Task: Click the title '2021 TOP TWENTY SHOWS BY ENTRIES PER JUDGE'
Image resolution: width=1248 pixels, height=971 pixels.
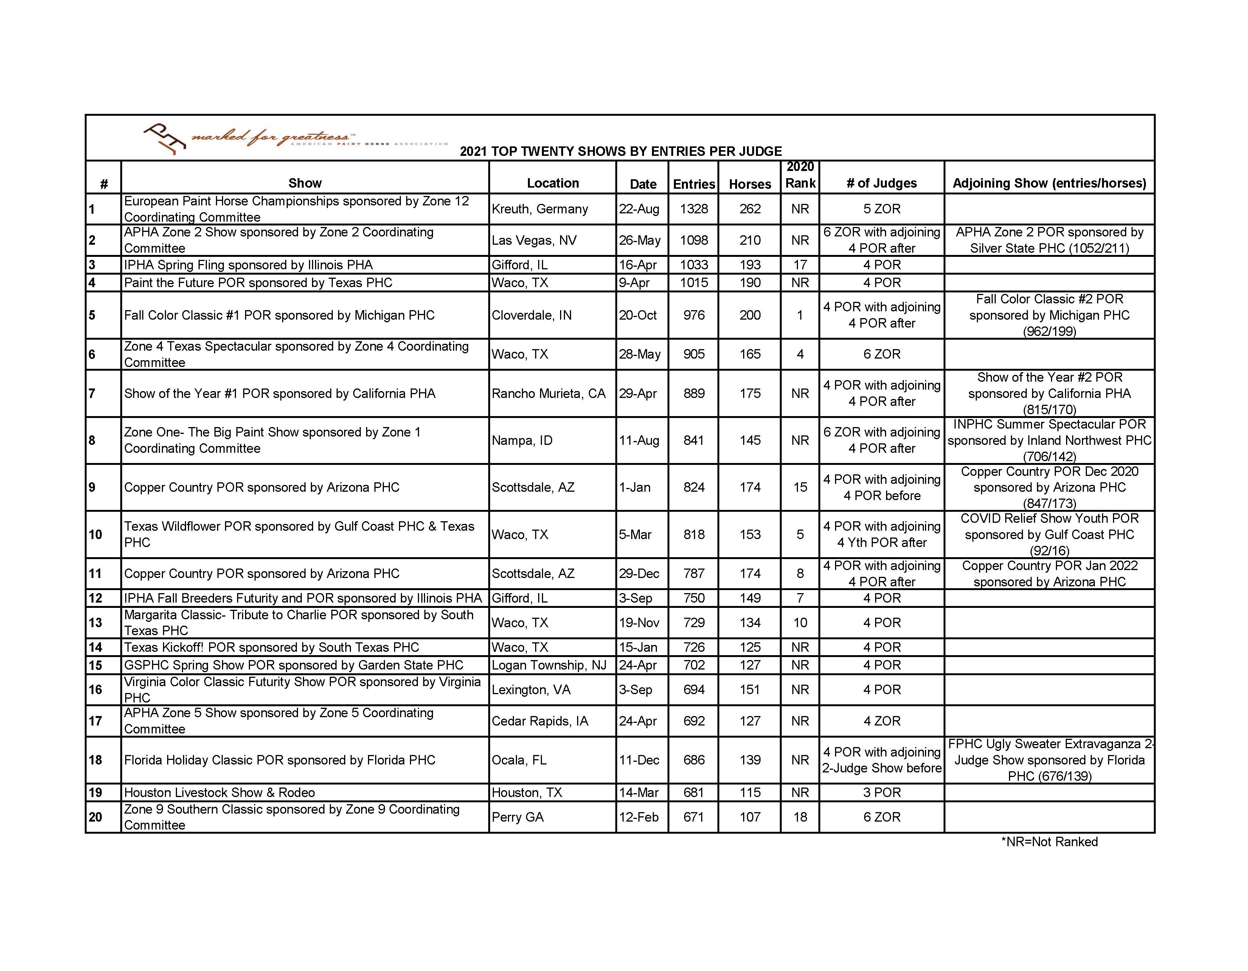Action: click(621, 151)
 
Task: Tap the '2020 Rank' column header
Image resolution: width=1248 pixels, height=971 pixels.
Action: click(800, 175)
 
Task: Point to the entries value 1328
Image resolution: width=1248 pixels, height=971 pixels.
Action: click(694, 209)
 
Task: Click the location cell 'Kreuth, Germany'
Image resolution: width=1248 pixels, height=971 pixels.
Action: click(539, 209)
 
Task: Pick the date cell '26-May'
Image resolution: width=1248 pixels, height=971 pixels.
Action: click(640, 240)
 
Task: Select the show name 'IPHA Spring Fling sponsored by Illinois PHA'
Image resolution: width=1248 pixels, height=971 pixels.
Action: click(248, 265)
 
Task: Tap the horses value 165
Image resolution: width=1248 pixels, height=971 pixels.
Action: click(750, 354)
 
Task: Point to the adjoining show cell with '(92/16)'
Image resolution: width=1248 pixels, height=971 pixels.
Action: click(1049, 534)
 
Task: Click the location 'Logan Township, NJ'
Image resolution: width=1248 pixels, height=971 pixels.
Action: click(549, 665)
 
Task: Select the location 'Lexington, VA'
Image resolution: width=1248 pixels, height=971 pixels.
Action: click(531, 690)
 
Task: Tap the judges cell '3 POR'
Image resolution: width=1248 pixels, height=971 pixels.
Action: click(882, 793)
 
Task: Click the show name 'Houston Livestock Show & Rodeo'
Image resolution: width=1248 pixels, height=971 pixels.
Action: click(219, 793)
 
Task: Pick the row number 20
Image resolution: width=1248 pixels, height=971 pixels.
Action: click(95, 817)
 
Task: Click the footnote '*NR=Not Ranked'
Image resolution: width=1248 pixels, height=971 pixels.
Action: click(1049, 842)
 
